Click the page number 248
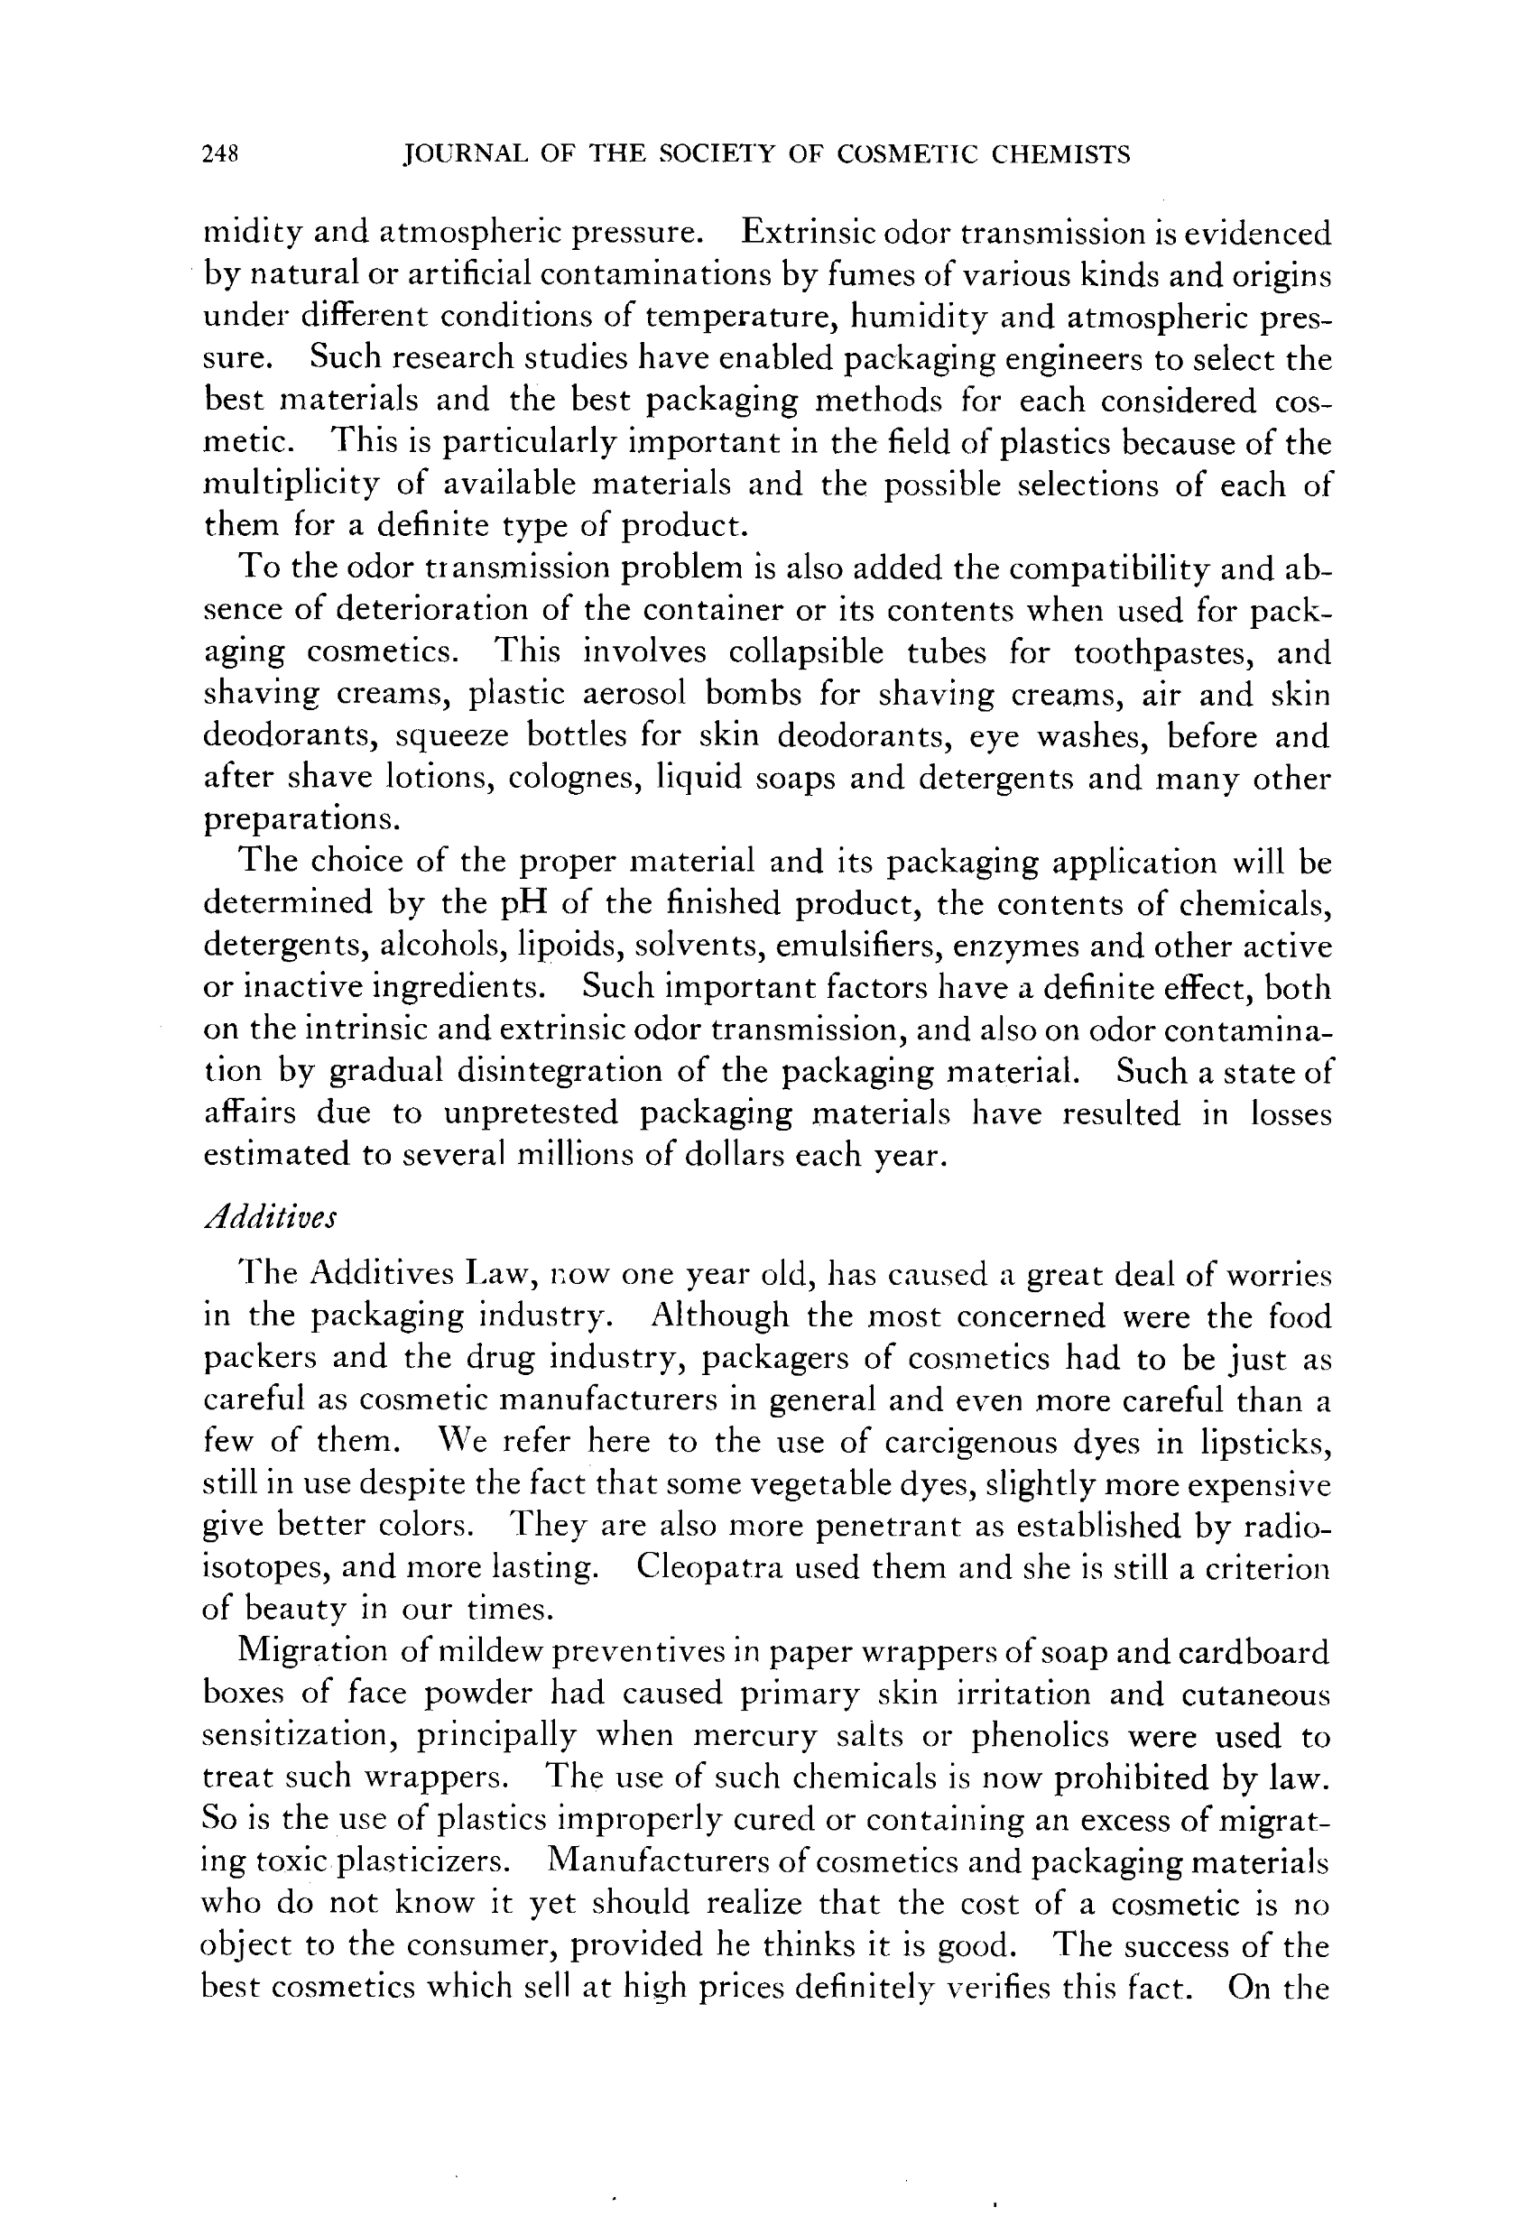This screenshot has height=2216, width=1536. [x=219, y=154]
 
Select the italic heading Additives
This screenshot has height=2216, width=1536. [x=271, y=1216]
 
